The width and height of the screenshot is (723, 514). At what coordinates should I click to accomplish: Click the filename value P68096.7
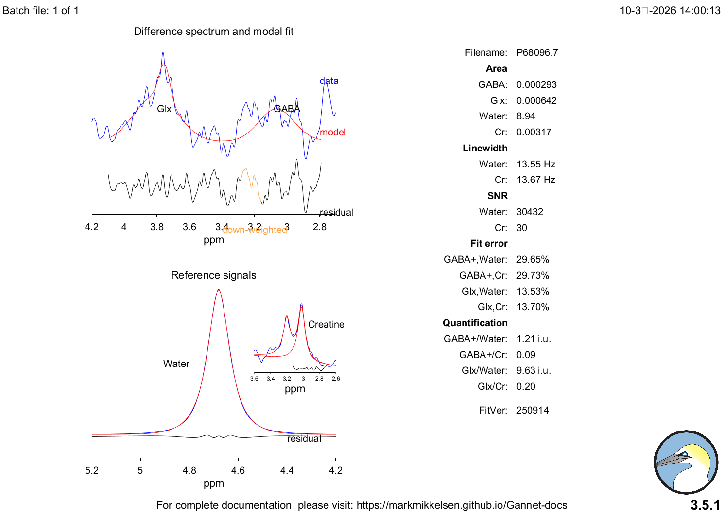(537, 52)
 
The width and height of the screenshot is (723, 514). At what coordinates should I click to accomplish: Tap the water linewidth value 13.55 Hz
(535, 164)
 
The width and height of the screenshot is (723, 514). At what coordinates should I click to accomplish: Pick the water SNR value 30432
(530, 212)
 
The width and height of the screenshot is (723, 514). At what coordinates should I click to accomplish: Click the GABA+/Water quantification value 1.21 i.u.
(534, 339)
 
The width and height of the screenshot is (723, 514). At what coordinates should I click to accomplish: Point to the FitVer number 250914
(533, 410)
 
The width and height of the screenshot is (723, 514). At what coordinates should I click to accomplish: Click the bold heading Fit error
(489, 243)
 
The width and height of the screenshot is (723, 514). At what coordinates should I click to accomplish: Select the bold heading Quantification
(475, 323)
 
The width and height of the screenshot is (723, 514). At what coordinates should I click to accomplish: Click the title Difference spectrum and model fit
(214, 32)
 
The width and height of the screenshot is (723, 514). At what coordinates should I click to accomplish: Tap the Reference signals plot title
(213, 275)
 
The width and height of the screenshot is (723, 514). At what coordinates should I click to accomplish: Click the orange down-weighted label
(254, 230)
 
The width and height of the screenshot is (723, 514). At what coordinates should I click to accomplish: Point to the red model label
(333, 132)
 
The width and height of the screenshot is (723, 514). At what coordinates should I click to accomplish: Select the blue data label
(329, 81)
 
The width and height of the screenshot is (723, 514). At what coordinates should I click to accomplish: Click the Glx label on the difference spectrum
(164, 109)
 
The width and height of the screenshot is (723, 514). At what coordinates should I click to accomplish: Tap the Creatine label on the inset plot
(326, 324)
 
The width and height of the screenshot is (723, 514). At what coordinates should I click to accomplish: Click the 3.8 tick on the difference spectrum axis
(157, 227)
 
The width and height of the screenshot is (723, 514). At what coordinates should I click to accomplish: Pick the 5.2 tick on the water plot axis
(92, 470)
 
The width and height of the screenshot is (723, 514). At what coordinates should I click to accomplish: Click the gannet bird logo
(686, 462)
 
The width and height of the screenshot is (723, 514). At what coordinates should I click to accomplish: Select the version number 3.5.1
(705, 505)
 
